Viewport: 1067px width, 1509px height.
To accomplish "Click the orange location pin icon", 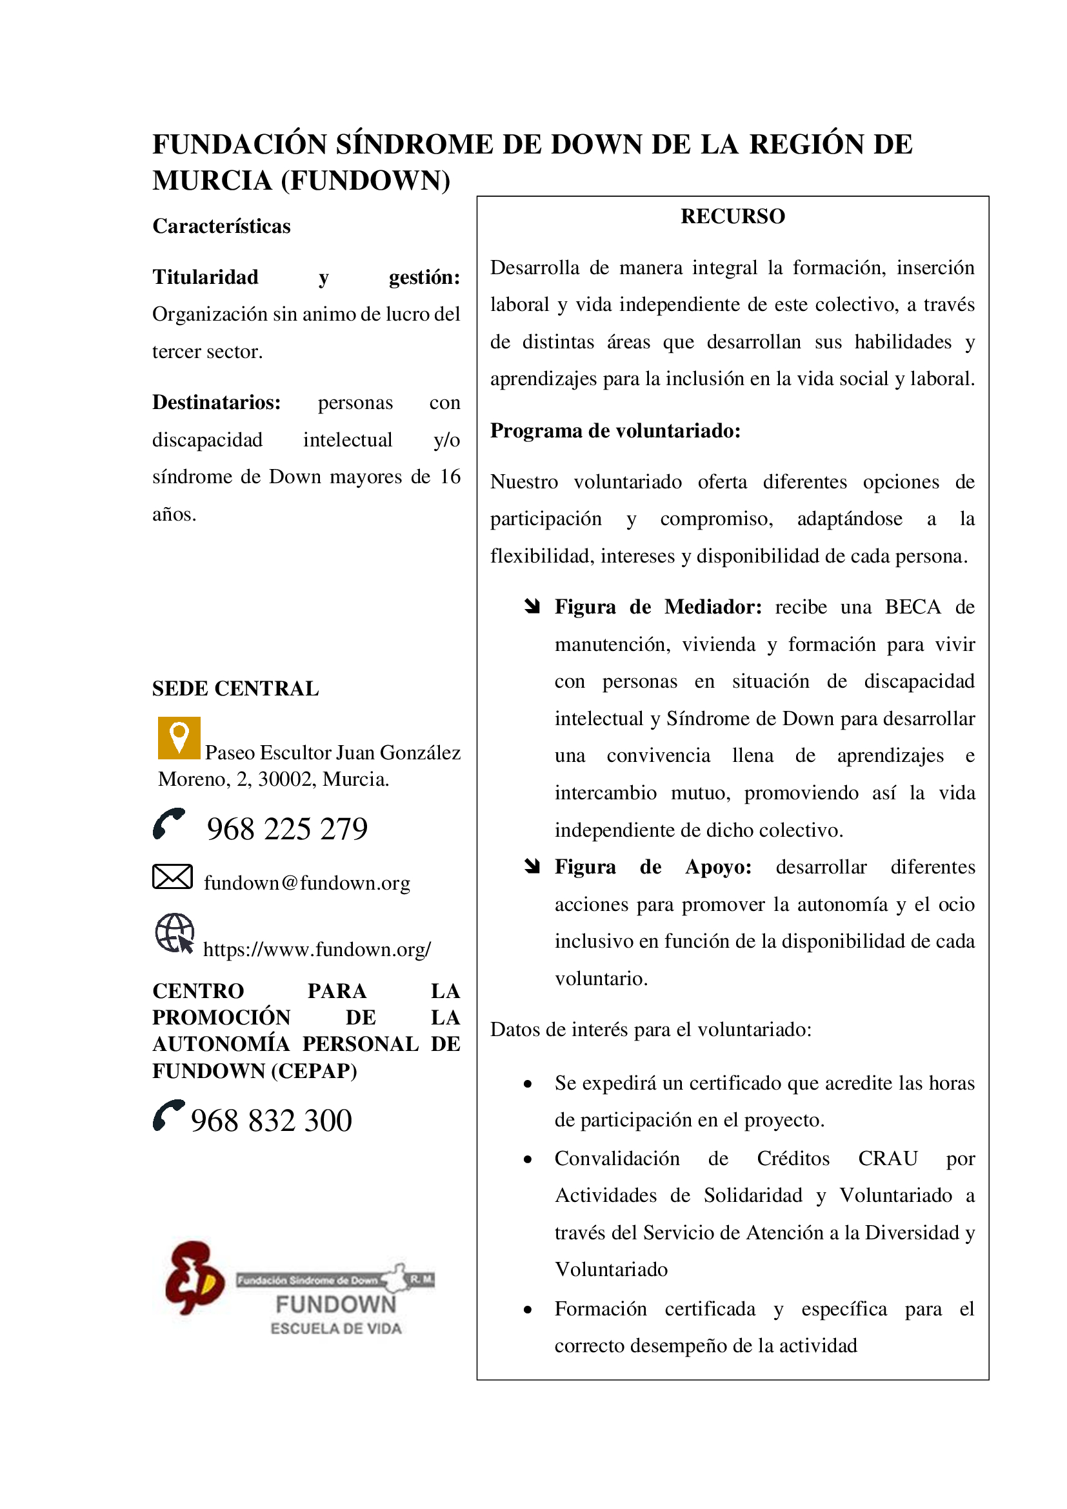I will point(179,737).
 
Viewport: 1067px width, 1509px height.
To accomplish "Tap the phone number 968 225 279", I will point(287,829).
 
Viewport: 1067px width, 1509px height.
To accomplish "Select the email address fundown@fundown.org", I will point(307,883).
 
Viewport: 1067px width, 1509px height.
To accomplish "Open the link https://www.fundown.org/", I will point(317,949).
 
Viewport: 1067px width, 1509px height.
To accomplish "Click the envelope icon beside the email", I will point(172,877).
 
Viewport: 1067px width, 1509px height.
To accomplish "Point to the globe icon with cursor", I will point(175,933).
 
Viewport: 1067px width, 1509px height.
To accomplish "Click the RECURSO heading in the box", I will point(733,216).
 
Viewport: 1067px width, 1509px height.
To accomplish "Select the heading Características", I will point(221,226).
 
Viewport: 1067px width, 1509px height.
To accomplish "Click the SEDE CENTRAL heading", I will point(235,688).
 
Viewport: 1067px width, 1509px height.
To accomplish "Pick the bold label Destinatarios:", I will point(216,402).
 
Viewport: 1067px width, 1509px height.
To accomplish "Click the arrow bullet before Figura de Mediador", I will point(532,606).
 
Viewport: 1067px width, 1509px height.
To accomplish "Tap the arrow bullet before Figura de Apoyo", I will point(532,866).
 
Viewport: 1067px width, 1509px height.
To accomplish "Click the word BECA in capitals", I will point(913,606).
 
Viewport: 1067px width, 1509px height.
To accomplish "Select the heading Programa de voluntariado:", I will point(615,430).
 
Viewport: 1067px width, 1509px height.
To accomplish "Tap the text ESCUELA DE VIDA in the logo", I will point(335,1328).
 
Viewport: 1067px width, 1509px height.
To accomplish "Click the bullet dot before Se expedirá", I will point(528,1084).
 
